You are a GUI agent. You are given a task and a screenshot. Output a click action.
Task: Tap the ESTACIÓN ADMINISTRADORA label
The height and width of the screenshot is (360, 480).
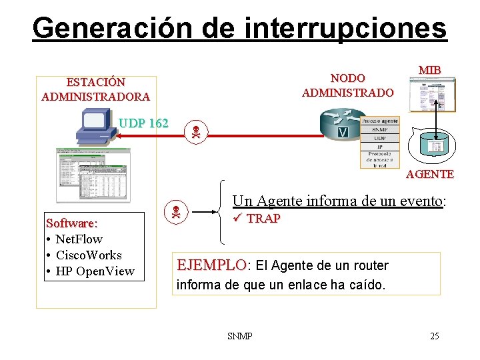click(95, 89)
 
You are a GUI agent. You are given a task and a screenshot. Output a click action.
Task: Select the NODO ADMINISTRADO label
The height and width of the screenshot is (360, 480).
click(347, 85)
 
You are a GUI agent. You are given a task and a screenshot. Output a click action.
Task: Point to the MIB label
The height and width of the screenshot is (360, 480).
click(429, 70)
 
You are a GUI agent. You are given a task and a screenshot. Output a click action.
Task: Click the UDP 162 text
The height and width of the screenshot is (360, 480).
click(143, 123)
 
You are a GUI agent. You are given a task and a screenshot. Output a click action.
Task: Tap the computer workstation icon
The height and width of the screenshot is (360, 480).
click(94, 126)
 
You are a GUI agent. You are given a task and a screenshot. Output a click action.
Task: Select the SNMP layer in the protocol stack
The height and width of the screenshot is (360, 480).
click(379, 129)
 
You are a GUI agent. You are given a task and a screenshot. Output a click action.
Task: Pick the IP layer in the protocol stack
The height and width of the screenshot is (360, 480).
click(379, 147)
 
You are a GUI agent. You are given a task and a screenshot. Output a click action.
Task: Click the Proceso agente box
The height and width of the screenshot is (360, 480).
click(379, 121)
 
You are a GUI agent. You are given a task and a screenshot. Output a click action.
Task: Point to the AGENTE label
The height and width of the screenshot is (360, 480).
click(430, 174)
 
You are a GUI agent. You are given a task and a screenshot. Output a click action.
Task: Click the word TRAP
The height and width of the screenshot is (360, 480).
click(263, 219)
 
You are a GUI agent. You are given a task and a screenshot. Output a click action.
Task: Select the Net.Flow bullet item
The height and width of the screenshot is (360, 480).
click(79, 239)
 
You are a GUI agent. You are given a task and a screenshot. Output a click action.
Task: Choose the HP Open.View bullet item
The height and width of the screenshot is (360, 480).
click(95, 271)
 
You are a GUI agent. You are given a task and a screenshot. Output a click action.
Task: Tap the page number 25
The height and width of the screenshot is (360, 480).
click(434, 336)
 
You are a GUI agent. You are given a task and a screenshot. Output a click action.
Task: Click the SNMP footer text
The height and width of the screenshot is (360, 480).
click(239, 336)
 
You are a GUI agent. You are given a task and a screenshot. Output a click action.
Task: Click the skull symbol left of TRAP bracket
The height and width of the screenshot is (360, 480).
click(175, 213)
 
